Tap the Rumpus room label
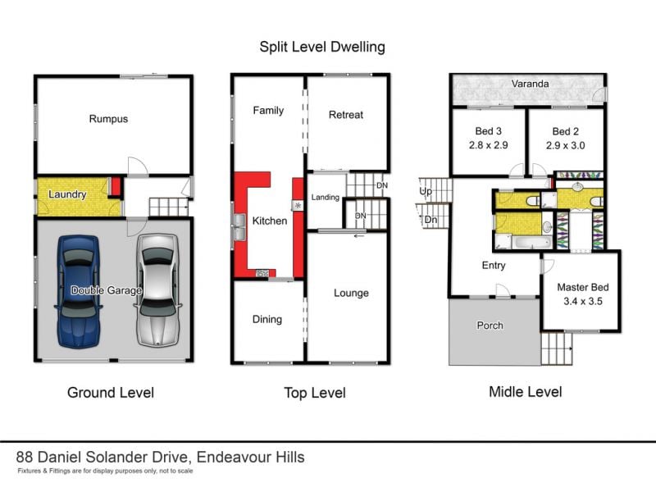click(x=108, y=119)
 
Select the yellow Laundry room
click(x=68, y=195)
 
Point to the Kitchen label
click(x=269, y=221)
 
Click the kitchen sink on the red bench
click(x=239, y=226)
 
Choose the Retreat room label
click(x=345, y=115)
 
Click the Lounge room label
click(x=351, y=294)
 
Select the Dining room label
click(x=267, y=320)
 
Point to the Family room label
click(x=268, y=110)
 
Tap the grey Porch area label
click(x=490, y=326)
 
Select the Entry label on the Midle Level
click(x=494, y=266)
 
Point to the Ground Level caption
click(x=111, y=393)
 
